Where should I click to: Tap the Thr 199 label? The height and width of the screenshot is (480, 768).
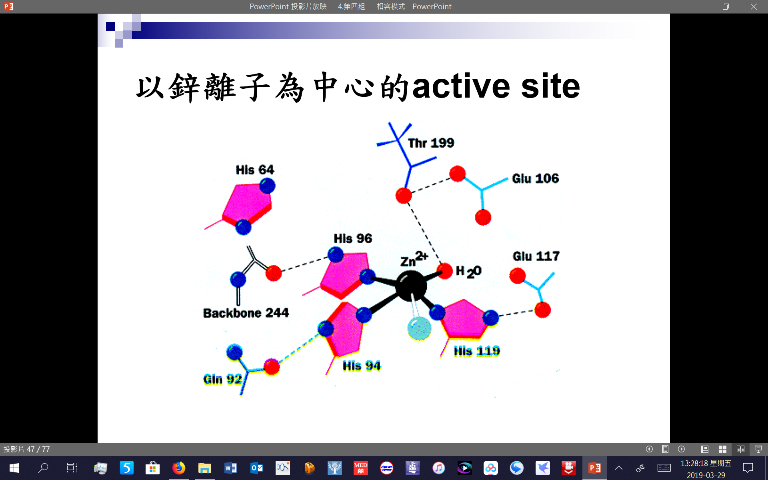pyautogui.click(x=431, y=143)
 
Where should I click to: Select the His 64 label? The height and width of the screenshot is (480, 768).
pyautogui.click(x=255, y=170)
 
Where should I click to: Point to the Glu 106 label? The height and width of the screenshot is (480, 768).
pyautogui.click(x=535, y=178)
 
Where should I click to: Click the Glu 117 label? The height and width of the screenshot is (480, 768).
pyautogui.click(x=536, y=256)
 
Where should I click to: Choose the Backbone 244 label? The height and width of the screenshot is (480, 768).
pyautogui.click(x=246, y=313)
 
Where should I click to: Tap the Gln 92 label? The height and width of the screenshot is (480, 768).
pyautogui.click(x=222, y=379)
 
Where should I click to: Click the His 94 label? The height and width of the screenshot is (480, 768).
pyautogui.click(x=362, y=366)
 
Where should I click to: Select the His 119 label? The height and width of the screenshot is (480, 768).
pyautogui.click(x=477, y=351)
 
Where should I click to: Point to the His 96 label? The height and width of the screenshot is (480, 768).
pyautogui.click(x=353, y=238)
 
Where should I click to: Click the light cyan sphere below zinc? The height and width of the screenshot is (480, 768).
pyautogui.click(x=419, y=328)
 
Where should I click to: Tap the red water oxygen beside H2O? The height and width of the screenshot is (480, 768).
pyautogui.click(x=444, y=271)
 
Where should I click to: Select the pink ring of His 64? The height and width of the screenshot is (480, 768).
pyautogui.click(x=247, y=204)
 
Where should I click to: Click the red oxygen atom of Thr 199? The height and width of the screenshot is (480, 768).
pyautogui.click(x=404, y=196)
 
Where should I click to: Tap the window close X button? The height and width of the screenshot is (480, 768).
pyautogui.click(x=754, y=6)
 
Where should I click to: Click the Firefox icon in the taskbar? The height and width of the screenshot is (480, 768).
pyautogui.click(x=179, y=468)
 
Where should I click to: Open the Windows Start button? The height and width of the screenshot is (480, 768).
pyautogui.click(x=14, y=468)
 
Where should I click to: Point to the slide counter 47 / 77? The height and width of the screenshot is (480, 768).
pyautogui.click(x=27, y=449)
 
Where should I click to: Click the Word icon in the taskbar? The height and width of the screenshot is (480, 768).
pyautogui.click(x=231, y=468)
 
